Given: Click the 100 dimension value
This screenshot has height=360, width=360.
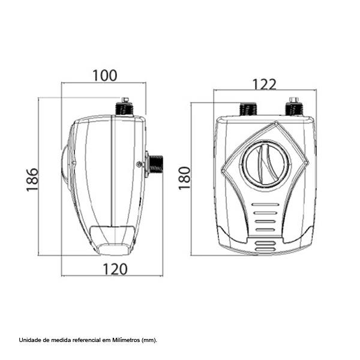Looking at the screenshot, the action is pyautogui.click(x=105, y=76).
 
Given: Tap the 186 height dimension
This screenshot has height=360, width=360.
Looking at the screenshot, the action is pyautogui.click(x=32, y=180).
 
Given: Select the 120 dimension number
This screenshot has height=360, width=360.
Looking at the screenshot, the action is pyautogui.click(x=115, y=269).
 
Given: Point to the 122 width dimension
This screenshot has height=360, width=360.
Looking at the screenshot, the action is pyautogui.click(x=264, y=85).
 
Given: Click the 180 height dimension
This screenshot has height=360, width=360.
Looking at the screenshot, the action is pyautogui.click(x=185, y=178).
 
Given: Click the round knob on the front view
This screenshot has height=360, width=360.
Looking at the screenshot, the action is pyautogui.click(x=266, y=164).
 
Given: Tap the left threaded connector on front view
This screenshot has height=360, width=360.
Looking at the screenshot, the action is pyautogui.click(x=248, y=109).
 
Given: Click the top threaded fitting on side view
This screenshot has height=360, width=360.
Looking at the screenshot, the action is pyautogui.click(x=125, y=109).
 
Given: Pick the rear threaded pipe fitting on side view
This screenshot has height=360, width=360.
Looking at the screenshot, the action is pyautogui.click(x=155, y=164).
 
